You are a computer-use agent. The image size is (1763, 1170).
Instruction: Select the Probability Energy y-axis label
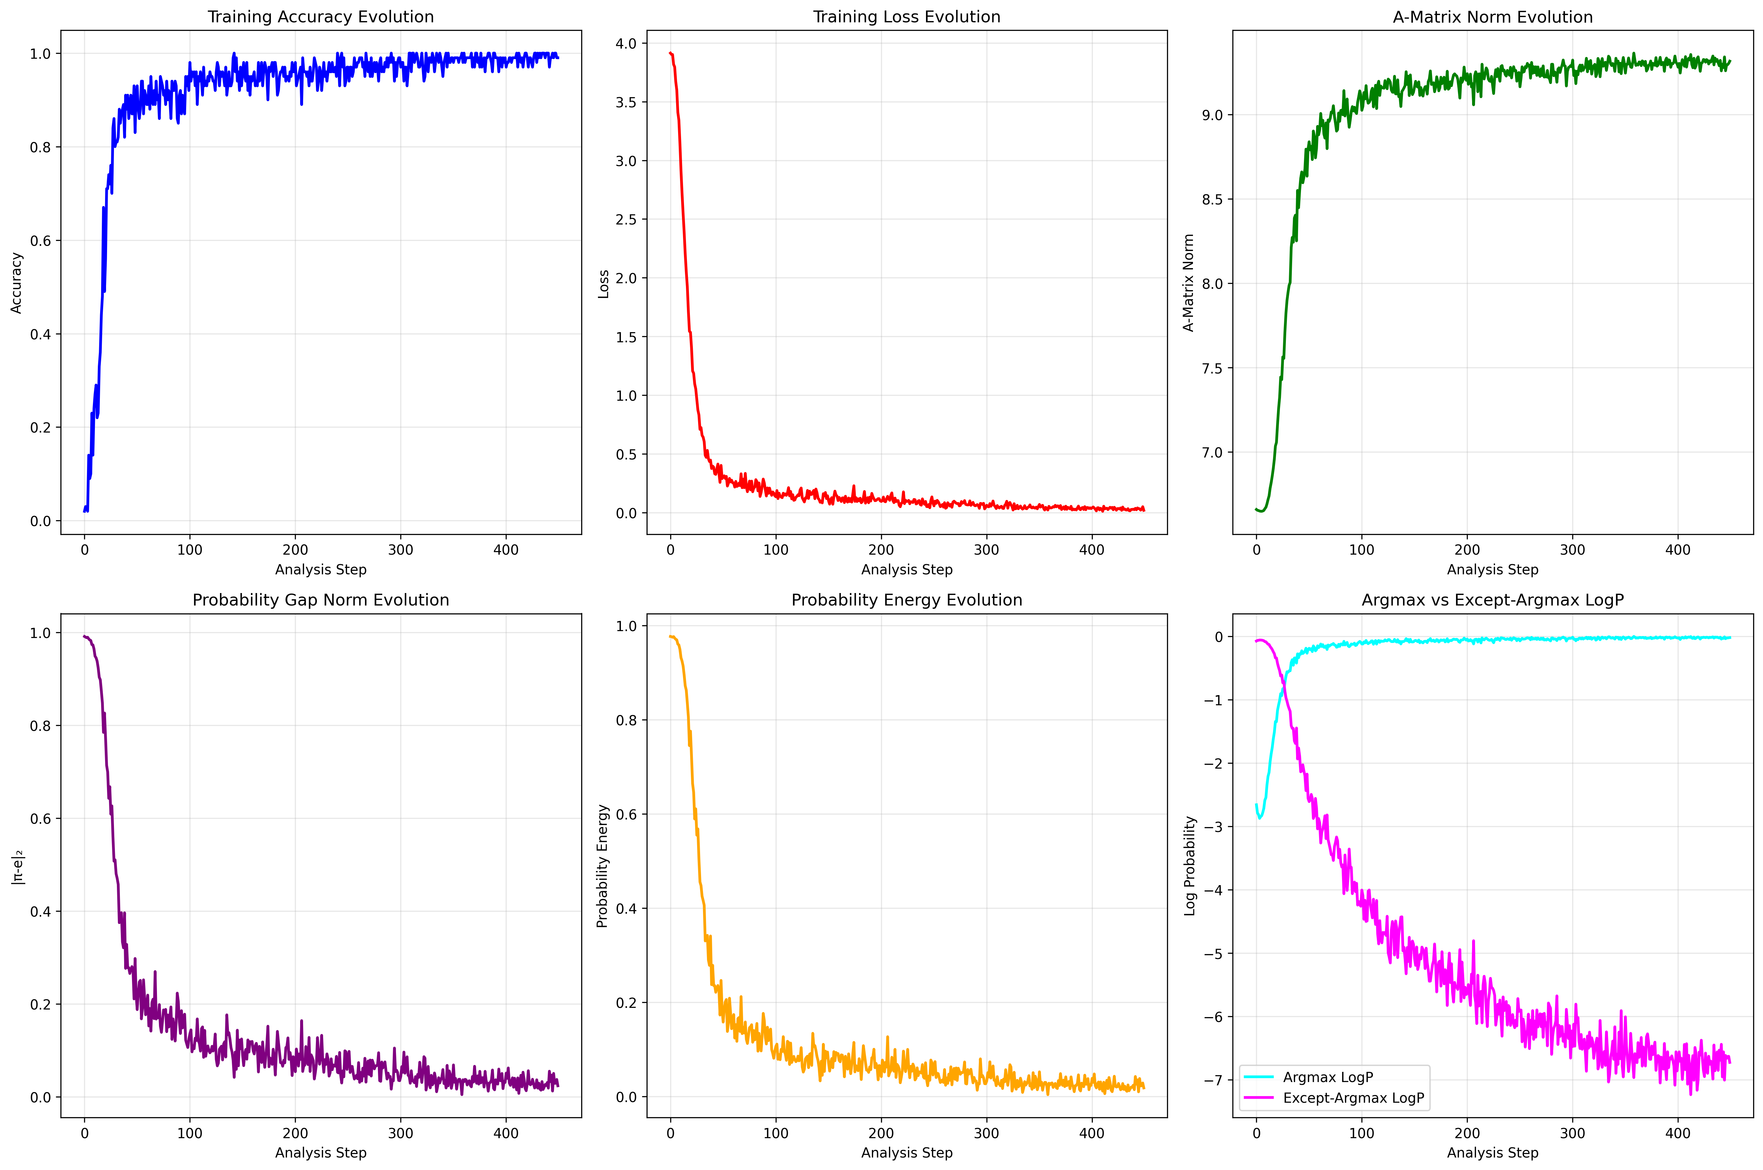pos(602,865)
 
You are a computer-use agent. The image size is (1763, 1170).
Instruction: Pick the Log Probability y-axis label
pos(1190,865)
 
